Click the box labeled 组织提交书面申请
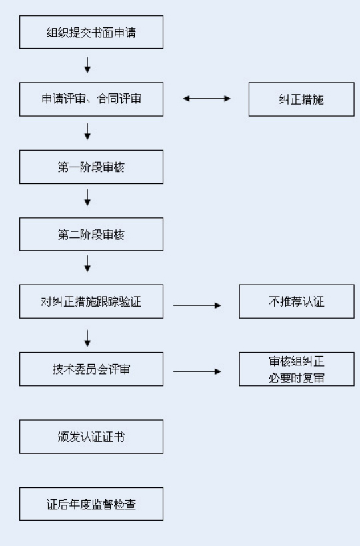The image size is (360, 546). (x=91, y=32)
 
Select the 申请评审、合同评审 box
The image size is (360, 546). (x=91, y=99)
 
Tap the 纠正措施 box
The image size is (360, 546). (x=301, y=99)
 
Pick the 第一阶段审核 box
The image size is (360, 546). (x=91, y=167)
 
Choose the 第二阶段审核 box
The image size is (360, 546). (x=91, y=235)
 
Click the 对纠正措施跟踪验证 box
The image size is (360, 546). (x=91, y=301)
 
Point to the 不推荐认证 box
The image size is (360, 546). (x=297, y=301)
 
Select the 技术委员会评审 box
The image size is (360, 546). (x=91, y=369)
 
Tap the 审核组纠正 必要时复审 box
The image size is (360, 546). (x=297, y=369)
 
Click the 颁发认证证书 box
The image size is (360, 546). (x=91, y=437)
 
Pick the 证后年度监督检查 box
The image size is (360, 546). (x=91, y=504)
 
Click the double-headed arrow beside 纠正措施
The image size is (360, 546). (x=207, y=99)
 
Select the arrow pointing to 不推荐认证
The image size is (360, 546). (x=197, y=305)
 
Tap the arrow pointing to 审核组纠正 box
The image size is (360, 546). (x=197, y=371)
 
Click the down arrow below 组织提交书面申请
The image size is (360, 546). (x=87, y=65)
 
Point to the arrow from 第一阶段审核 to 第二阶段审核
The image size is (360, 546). (x=87, y=197)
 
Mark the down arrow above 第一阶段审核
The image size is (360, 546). (x=87, y=131)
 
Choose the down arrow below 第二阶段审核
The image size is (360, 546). (x=87, y=263)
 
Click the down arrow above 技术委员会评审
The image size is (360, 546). (x=87, y=339)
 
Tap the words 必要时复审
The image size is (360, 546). (x=297, y=377)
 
